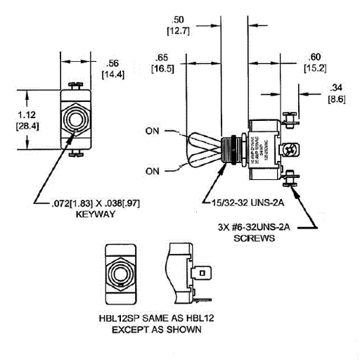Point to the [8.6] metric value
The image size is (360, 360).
335,100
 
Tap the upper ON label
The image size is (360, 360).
154,131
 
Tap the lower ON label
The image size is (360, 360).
154,170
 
